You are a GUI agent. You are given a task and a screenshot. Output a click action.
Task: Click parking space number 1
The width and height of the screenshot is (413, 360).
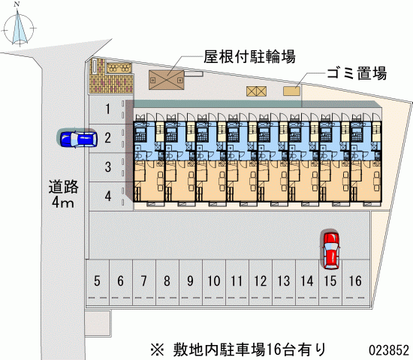point(107,109)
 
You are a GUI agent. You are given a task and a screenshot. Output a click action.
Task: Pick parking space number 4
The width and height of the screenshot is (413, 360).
point(107,196)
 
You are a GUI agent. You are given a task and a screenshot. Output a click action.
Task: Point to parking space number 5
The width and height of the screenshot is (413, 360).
point(97,281)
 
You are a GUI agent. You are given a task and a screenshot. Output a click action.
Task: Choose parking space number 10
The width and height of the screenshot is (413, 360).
point(213,281)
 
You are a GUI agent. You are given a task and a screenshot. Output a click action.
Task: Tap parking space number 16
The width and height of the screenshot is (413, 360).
point(355,281)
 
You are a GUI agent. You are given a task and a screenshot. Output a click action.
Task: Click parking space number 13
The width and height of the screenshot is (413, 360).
point(284,281)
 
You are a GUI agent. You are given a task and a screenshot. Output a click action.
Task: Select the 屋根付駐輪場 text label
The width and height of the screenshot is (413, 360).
point(249,56)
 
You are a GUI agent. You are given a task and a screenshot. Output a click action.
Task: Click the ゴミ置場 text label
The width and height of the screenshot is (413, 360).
point(357,73)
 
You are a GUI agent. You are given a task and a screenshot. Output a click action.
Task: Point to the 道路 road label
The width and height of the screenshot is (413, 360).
point(64,187)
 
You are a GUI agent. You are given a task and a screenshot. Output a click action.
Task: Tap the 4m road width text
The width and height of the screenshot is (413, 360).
point(62,202)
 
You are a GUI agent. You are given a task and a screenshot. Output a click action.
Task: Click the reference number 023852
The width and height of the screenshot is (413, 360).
point(389,350)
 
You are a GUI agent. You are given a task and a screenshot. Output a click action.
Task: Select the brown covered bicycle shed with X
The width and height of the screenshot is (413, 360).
point(167,80)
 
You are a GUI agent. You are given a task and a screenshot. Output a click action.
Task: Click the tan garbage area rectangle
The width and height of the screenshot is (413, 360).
point(291,91)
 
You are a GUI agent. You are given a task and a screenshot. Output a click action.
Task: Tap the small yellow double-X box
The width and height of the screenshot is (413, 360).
point(256,91)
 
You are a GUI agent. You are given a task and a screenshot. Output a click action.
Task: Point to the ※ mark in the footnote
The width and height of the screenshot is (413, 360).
point(158,350)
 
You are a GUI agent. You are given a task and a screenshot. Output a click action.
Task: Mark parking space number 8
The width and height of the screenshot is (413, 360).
point(167,281)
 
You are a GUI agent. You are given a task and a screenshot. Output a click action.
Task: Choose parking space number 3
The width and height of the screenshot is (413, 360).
point(107,167)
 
